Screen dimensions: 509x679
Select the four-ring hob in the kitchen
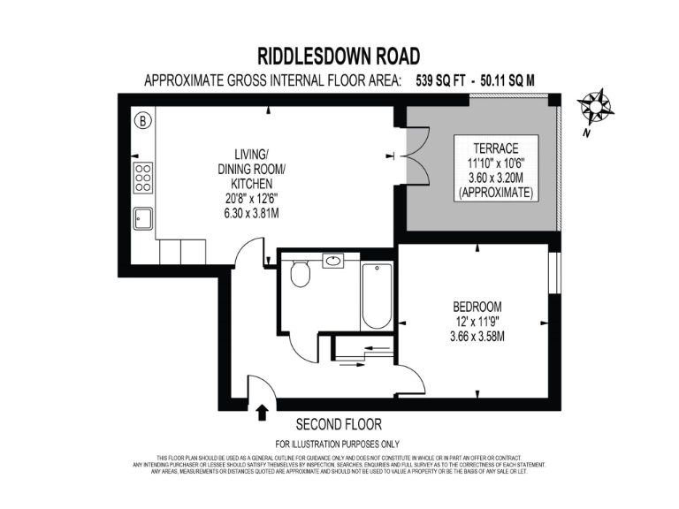(x=142, y=178)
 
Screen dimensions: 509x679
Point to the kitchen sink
(x=142, y=217)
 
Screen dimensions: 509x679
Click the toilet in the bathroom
(x=301, y=274)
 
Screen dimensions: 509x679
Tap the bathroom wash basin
(x=333, y=262)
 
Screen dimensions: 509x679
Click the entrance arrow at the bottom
(x=262, y=412)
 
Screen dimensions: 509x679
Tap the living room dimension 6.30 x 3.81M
(x=252, y=213)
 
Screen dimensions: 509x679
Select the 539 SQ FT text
(x=440, y=80)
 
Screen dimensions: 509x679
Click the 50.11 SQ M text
(x=507, y=80)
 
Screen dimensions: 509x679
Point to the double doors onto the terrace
(x=405, y=156)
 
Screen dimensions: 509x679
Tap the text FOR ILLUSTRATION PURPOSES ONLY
(x=338, y=444)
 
